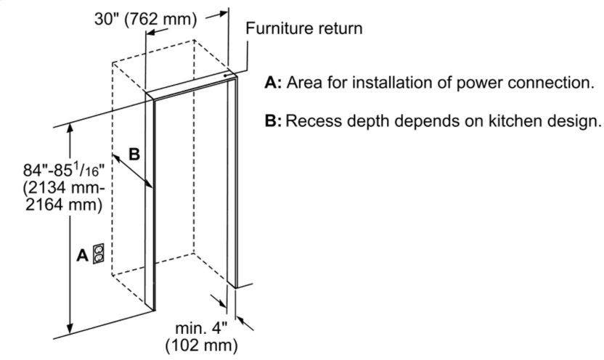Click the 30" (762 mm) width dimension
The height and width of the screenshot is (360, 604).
pos(146,18)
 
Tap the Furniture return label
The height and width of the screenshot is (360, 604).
pos(304,28)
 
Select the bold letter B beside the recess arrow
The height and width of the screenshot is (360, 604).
pos(134,154)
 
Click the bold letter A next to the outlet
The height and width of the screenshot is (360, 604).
pos(83,255)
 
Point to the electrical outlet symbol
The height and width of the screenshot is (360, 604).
pos(99,254)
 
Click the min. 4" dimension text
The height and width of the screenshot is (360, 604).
pos(201,329)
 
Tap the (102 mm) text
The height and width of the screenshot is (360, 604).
pos(202,345)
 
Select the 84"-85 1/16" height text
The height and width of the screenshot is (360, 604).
pos(64,169)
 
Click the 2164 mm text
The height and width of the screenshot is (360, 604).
pos(64,204)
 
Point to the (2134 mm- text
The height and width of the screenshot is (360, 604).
pos(64,188)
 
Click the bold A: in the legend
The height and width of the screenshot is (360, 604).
pos(274,83)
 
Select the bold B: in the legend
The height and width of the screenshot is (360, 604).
pos(273,121)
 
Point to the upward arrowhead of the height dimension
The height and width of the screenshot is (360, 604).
pos(70,129)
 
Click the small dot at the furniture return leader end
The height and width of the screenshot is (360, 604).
pos(224,76)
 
